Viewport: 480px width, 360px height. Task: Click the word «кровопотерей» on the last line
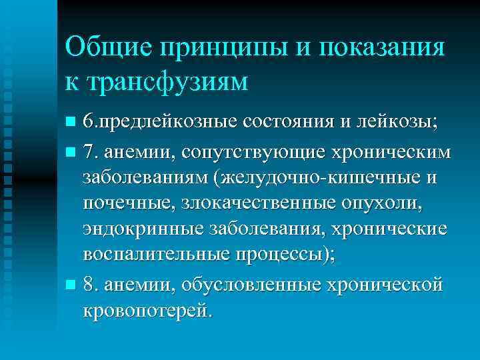point(146,311)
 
